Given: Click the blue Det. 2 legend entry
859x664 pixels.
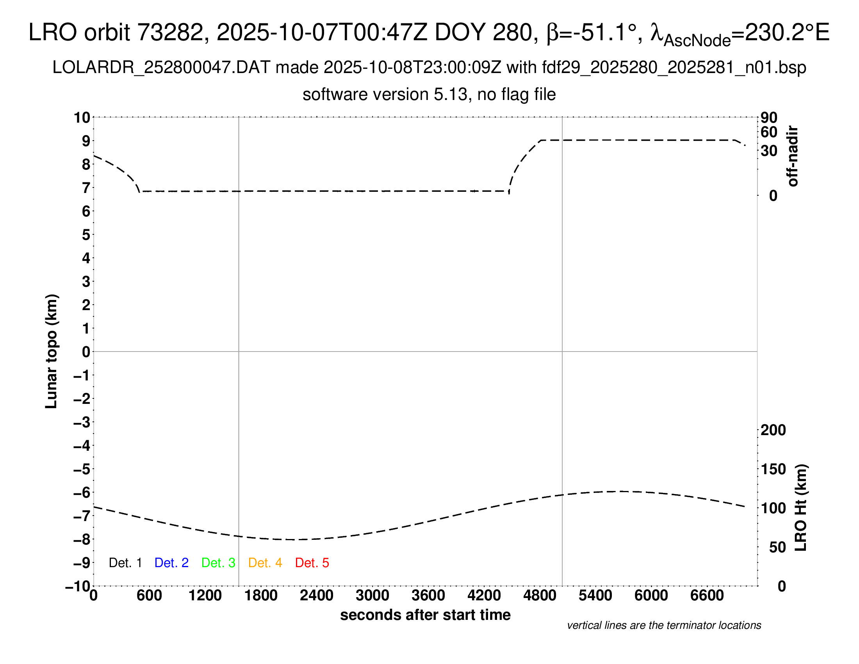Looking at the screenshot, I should pos(171,563).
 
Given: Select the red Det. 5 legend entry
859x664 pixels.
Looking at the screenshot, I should pos(312,563).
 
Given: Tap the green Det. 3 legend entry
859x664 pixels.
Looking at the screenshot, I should pos(218,563).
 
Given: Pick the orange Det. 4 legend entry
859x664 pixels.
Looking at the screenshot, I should pos(265,563).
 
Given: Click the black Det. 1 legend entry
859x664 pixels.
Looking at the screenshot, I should pos(125,563).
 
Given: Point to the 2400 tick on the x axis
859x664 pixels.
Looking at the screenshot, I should pos(317,596).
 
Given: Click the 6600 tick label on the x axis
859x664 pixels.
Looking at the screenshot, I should pos(707,596).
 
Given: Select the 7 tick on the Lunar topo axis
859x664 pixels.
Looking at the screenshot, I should pos(86,188).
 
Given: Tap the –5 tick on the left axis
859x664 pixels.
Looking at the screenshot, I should pos(82,469).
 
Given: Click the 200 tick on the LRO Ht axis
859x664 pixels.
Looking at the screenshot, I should pos(773,430).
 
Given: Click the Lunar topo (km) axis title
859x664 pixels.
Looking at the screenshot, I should pos(52,351).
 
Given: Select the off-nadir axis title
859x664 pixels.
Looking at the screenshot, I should pos(793,156).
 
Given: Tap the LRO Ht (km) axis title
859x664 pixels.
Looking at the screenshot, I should pos(801,508).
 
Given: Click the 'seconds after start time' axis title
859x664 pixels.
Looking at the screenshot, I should pos(425,615).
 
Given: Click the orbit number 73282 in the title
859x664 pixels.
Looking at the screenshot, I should pos(173,32).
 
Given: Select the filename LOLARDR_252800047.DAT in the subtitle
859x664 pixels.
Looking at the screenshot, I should pos(161,68).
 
